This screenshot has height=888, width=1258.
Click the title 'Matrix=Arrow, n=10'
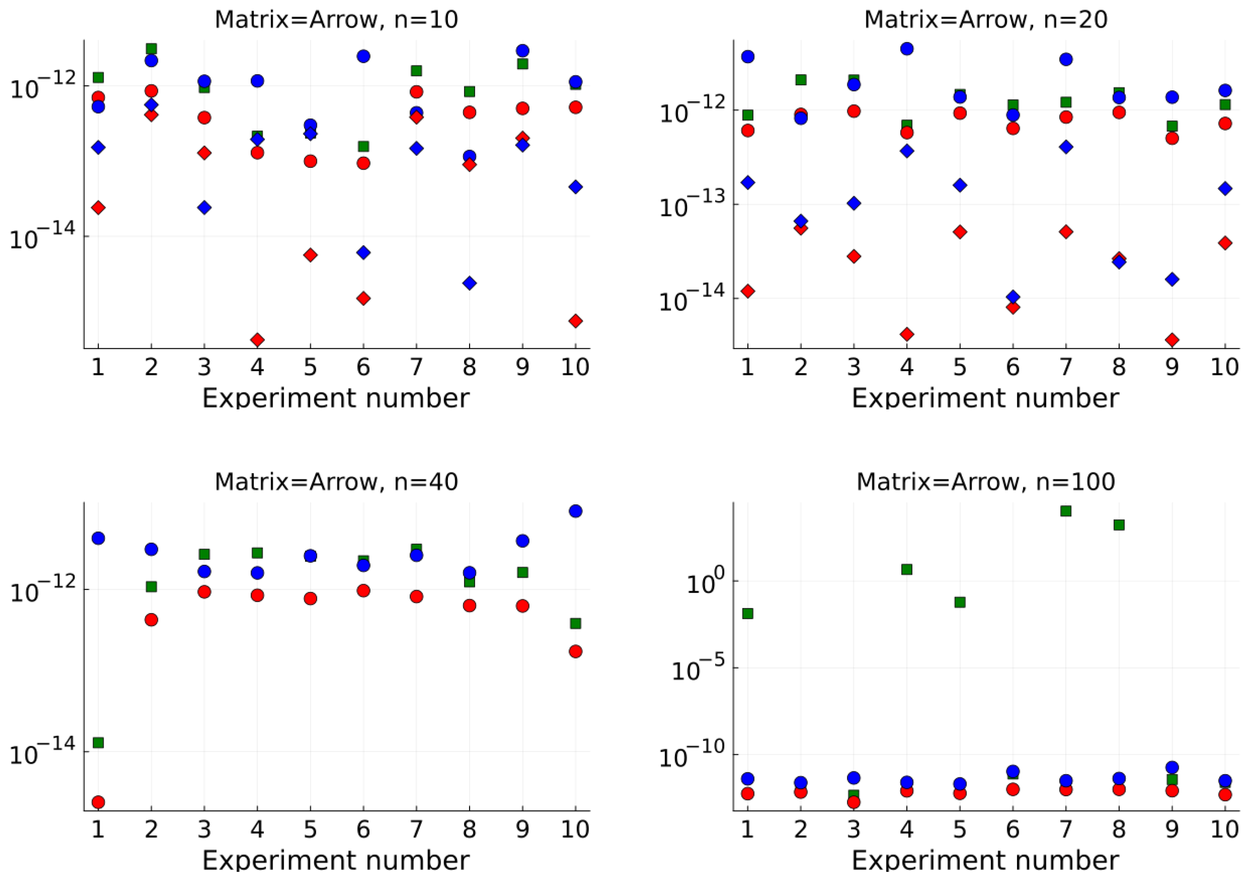click(x=336, y=20)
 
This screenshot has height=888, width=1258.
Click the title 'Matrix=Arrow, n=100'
click(x=985, y=482)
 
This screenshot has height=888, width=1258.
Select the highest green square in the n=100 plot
click(x=1066, y=511)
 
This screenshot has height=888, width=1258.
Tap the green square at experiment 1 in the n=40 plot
click(x=98, y=743)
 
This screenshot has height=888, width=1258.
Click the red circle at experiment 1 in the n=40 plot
click(x=98, y=803)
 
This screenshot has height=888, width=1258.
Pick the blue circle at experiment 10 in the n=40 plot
click(x=575, y=511)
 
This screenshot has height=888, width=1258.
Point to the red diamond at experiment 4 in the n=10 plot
click(x=258, y=340)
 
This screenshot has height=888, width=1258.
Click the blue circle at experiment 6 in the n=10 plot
click(x=363, y=56)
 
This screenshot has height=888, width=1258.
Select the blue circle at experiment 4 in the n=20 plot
click(x=907, y=49)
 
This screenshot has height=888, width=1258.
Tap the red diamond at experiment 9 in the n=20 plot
click(x=1172, y=340)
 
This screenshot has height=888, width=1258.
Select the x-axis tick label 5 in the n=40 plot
click(x=310, y=829)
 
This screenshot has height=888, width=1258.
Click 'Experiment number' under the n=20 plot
click(x=985, y=397)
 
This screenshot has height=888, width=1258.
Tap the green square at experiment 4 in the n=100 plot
click(x=907, y=569)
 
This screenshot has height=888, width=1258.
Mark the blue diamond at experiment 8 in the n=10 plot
click(x=470, y=283)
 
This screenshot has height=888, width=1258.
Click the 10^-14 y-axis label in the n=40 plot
click(x=43, y=754)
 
